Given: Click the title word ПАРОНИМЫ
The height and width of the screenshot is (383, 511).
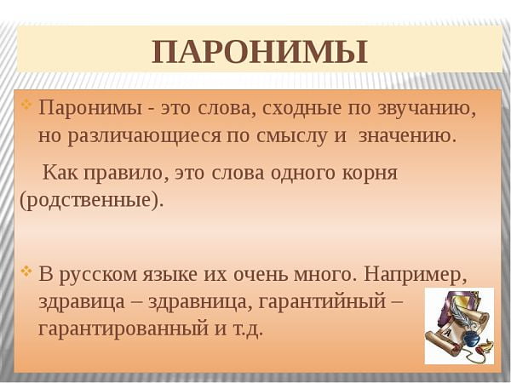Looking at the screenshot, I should click(x=260, y=52).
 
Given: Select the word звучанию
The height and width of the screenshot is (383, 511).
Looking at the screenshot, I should click(x=424, y=109).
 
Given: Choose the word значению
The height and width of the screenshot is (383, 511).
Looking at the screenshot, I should click(x=408, y=134).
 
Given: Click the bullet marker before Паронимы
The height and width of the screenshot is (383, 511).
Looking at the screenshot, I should click(x=26, y=106).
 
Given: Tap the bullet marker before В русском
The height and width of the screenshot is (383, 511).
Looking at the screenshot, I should click(x=26, y=272).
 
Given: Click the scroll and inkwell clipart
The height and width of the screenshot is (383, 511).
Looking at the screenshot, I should click(x=458, y=326).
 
